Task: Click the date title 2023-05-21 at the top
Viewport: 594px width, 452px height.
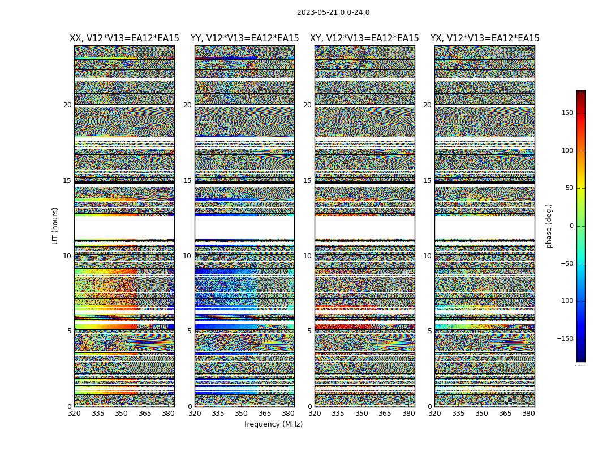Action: pyautogui.click(x=333, y=12)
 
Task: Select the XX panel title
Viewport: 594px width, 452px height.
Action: pyautogui.click(x=124, y=38)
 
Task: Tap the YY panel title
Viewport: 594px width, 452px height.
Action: pyautogui.click(x=244, y=38)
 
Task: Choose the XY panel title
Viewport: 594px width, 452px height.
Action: pyautogui.click(x=364, y=38)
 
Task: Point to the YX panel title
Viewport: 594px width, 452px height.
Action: pyautogui.click(x=485, y=38)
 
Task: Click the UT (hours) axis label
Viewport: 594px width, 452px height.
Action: pyautogui.click(x=55, y=225)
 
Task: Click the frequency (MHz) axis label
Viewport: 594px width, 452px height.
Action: pyautogui.click(x=273, y=424)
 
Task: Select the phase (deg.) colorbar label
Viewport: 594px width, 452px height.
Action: pyautogui.click(x=549, y=225)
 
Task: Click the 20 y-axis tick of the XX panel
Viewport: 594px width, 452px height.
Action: pyautogui.click(x=67, y=105)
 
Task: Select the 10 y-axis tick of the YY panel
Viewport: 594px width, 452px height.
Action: pyautogui.click(x=187, y=256)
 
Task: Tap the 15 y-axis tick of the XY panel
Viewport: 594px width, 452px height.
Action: pyautogui.click(x=307, y=181)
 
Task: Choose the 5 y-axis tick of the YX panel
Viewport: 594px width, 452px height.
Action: pyautogui.click(x=429, y=331)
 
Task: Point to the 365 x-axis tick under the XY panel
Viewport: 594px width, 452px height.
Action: pyautogui.click(x=385, y=414)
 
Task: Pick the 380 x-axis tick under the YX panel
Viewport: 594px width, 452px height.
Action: pyautogui.click(x=528, y=414)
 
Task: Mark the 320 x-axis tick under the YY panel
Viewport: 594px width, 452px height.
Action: pyautogui.click(x=195, y=414)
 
